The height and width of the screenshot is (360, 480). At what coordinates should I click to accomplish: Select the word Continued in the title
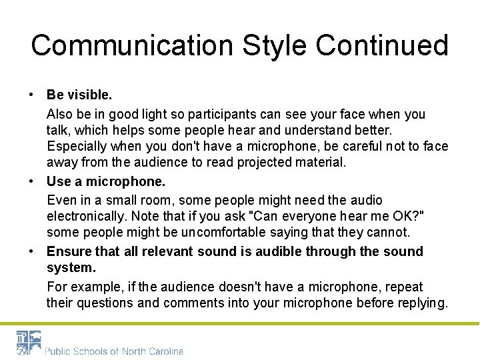382,45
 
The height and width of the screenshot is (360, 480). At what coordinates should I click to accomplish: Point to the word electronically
87,216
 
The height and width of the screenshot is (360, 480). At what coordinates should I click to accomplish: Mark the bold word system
71,267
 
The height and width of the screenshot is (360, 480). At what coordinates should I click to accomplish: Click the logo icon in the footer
29,342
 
